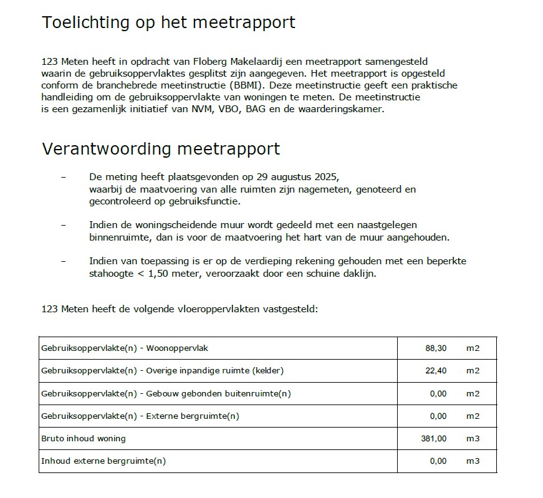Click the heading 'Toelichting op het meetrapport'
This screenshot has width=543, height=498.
point(168,23)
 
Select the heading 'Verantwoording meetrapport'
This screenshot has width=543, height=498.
point(160,150)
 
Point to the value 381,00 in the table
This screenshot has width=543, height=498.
point(434,439)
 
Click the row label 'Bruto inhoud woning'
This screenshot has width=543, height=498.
point(83,439)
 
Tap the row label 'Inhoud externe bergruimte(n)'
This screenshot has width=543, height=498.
point(103,461)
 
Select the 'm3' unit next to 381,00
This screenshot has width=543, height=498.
point(473,439)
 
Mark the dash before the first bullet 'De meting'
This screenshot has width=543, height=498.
point(64,176)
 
